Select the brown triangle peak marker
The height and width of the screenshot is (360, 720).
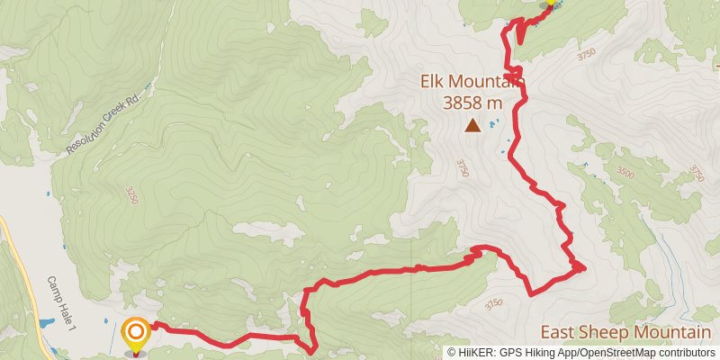tap(472, 127)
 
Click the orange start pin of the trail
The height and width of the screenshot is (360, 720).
tap(136, 335)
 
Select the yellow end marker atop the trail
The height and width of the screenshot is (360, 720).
tap(551, 3)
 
